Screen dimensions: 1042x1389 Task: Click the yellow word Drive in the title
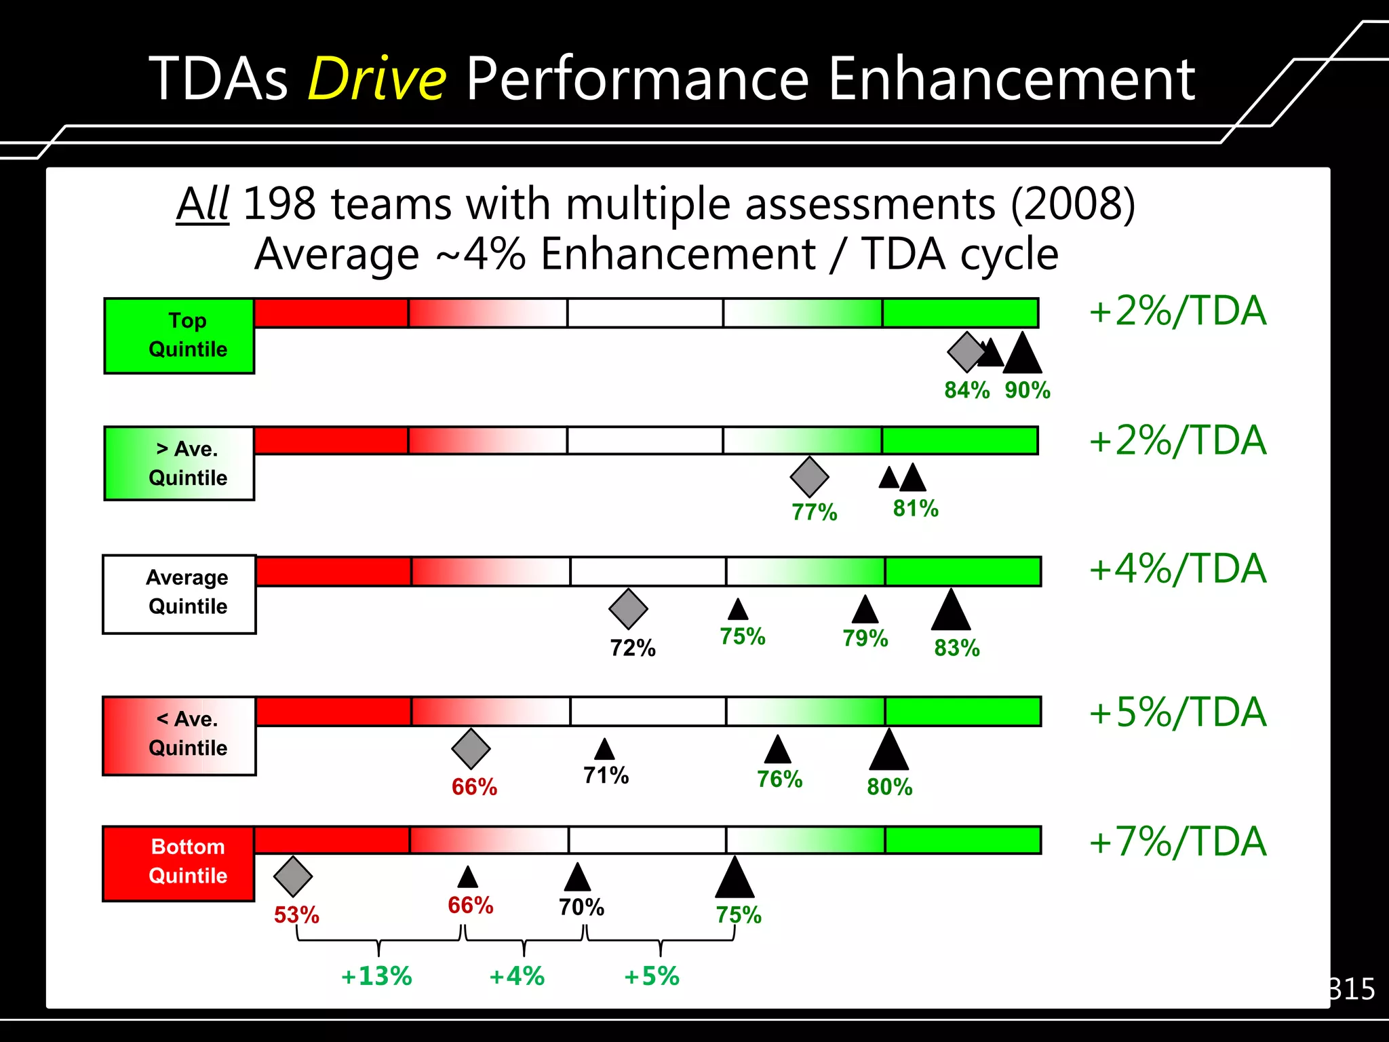pos(377,79)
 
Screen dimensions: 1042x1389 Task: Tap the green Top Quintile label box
pos(180,335)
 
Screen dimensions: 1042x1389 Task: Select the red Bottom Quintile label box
pos(179,862)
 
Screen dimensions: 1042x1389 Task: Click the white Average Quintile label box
pos(180,594)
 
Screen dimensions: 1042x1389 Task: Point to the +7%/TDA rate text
pos(1177,842)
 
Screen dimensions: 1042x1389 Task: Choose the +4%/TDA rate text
pos(1177,568)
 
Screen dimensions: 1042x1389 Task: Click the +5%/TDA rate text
pos(1177,712)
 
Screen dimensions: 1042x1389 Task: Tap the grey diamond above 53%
pos(293,876)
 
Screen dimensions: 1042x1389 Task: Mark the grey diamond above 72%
pos(628,609)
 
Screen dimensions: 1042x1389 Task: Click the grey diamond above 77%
pos(809,476)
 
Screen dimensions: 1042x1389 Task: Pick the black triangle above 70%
pos(577,879)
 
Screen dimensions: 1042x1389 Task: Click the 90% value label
pos(1028,390)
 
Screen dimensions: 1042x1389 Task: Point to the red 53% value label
pos(296,915)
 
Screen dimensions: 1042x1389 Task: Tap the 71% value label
pos(606,775)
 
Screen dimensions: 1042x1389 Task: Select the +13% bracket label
pos(376,976)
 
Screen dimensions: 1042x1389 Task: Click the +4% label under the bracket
pos(517,976)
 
